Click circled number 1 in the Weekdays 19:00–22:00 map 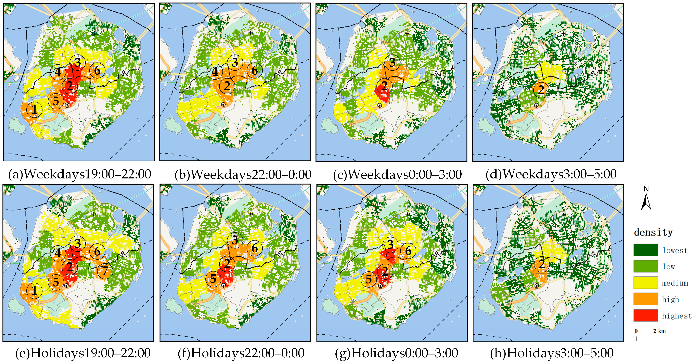click(34, 110)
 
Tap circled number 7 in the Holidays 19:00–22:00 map click(105, 271)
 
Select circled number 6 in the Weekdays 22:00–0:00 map click(255, 71)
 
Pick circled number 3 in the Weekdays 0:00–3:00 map click(392, 62)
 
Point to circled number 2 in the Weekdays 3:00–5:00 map click(541, 90)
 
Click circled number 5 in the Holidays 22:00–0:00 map click(213, 279)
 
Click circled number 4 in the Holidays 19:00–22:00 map click(58, 253)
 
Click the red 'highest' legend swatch click(645, 315)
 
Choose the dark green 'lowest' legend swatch click(645, 250)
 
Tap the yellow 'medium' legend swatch click(645, 283)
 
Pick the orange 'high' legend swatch click(645, 299)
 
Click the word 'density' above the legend click(653, 232)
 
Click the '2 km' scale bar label click(659, 331)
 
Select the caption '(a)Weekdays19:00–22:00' click(80, 174)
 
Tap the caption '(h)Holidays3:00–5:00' click(551, 353)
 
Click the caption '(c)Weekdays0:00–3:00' click(397, 174)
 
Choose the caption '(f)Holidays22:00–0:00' click(241, 353)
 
